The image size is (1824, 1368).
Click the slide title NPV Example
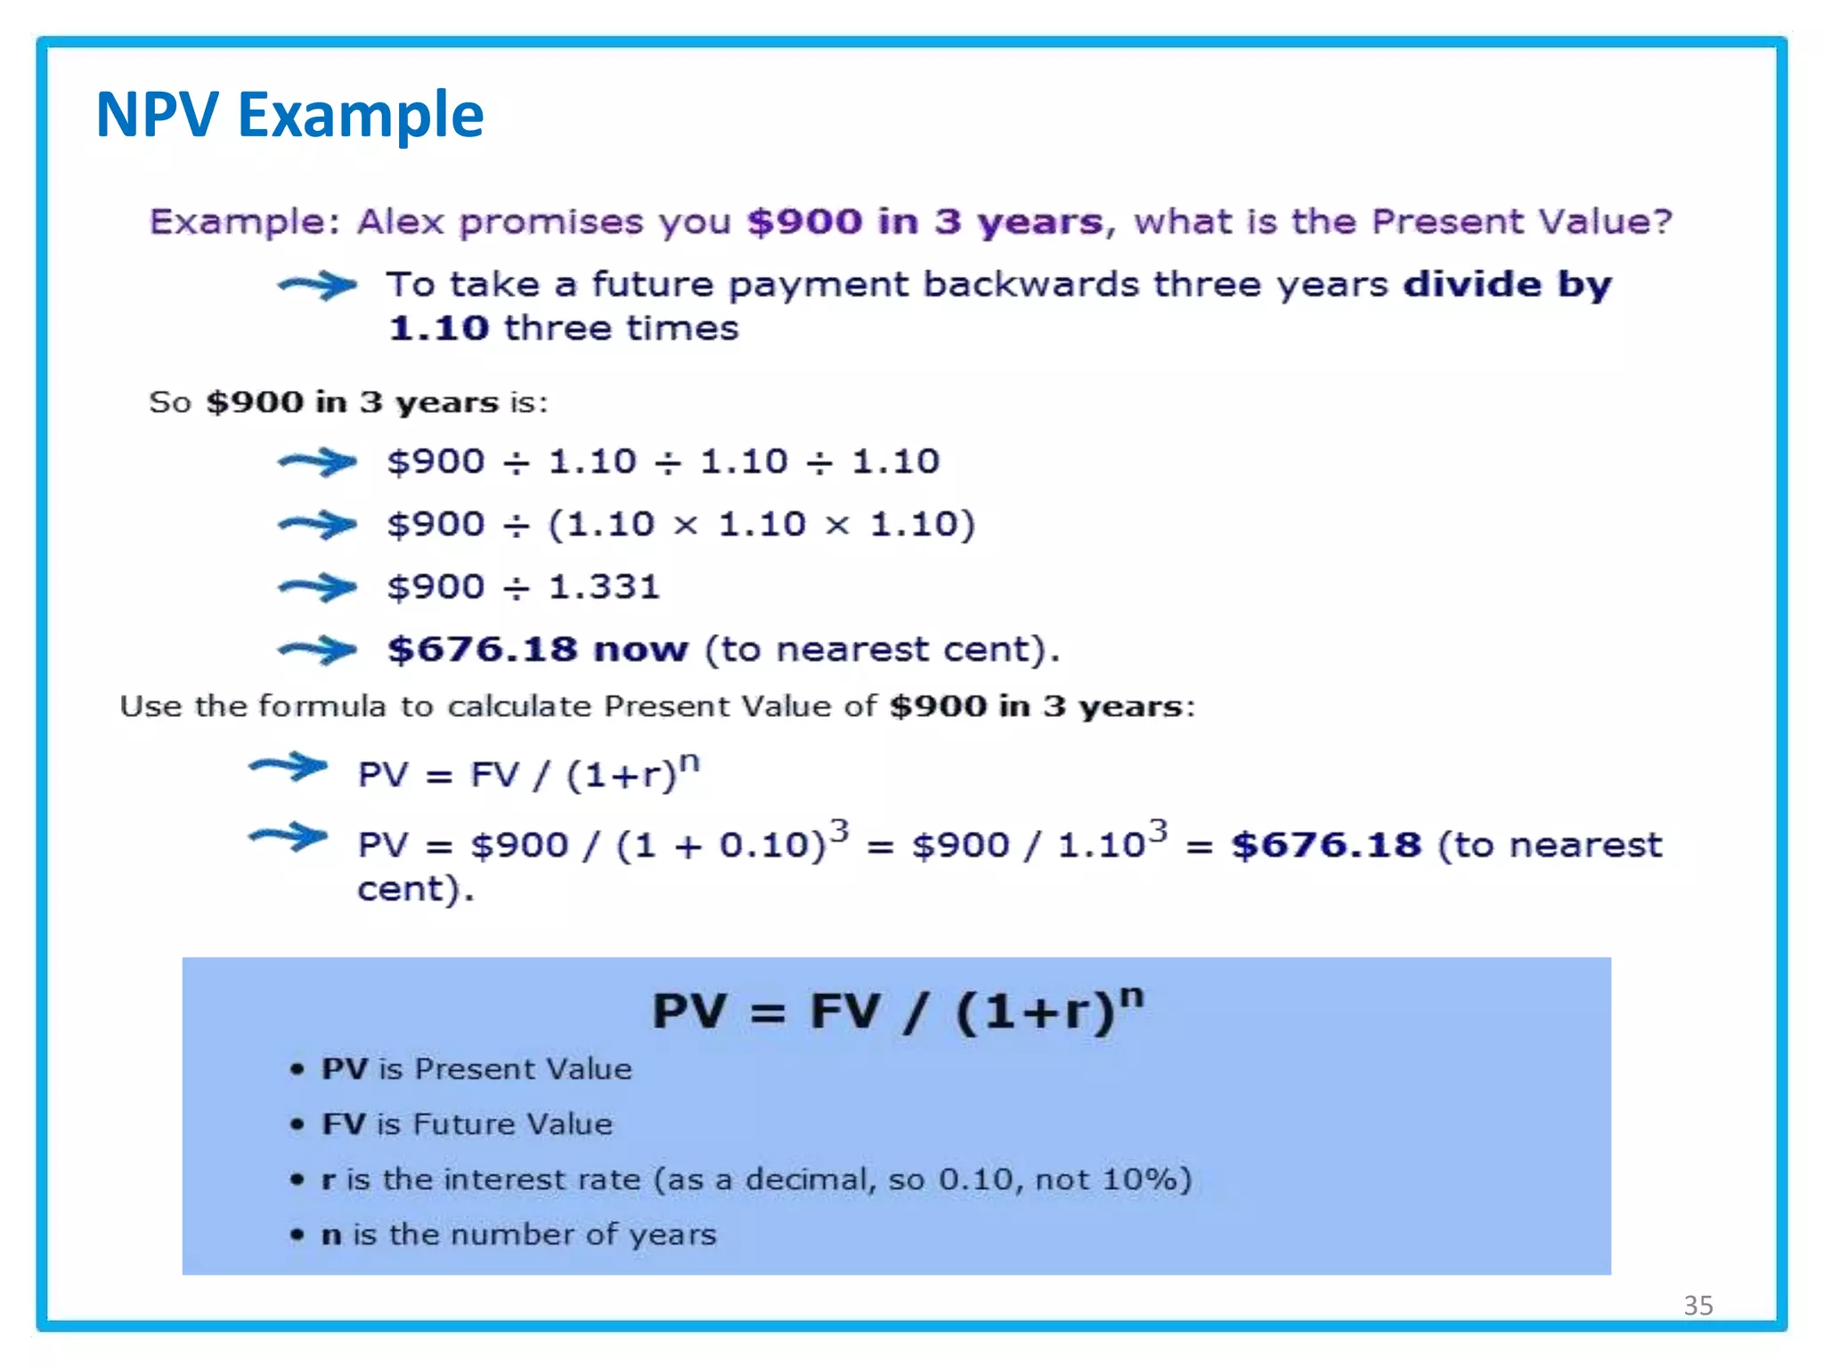(289, 115)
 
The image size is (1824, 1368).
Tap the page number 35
(1698, 1305)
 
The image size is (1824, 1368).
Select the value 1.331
(604, 587)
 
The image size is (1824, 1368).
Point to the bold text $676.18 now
(538, 649)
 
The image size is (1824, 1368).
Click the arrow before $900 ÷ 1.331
(317, 587)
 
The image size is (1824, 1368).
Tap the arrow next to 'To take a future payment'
(317, 285)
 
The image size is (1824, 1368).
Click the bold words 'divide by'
(1507, 285)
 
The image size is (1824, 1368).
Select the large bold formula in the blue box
(898, 1011)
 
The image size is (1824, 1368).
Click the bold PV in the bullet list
(345, 1069)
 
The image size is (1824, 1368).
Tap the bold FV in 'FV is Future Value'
(344, 1124)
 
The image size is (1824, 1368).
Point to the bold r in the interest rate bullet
(329, 1180)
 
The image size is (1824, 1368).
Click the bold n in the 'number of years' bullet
(331, 1235)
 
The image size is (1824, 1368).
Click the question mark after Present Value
(1662, 221)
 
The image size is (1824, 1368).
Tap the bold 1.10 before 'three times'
(439, 329)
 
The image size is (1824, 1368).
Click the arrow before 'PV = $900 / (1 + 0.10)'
(288, 836)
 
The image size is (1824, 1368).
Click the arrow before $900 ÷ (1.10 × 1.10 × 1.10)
(317, 525)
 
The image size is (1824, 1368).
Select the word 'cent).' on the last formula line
(416, 889)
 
